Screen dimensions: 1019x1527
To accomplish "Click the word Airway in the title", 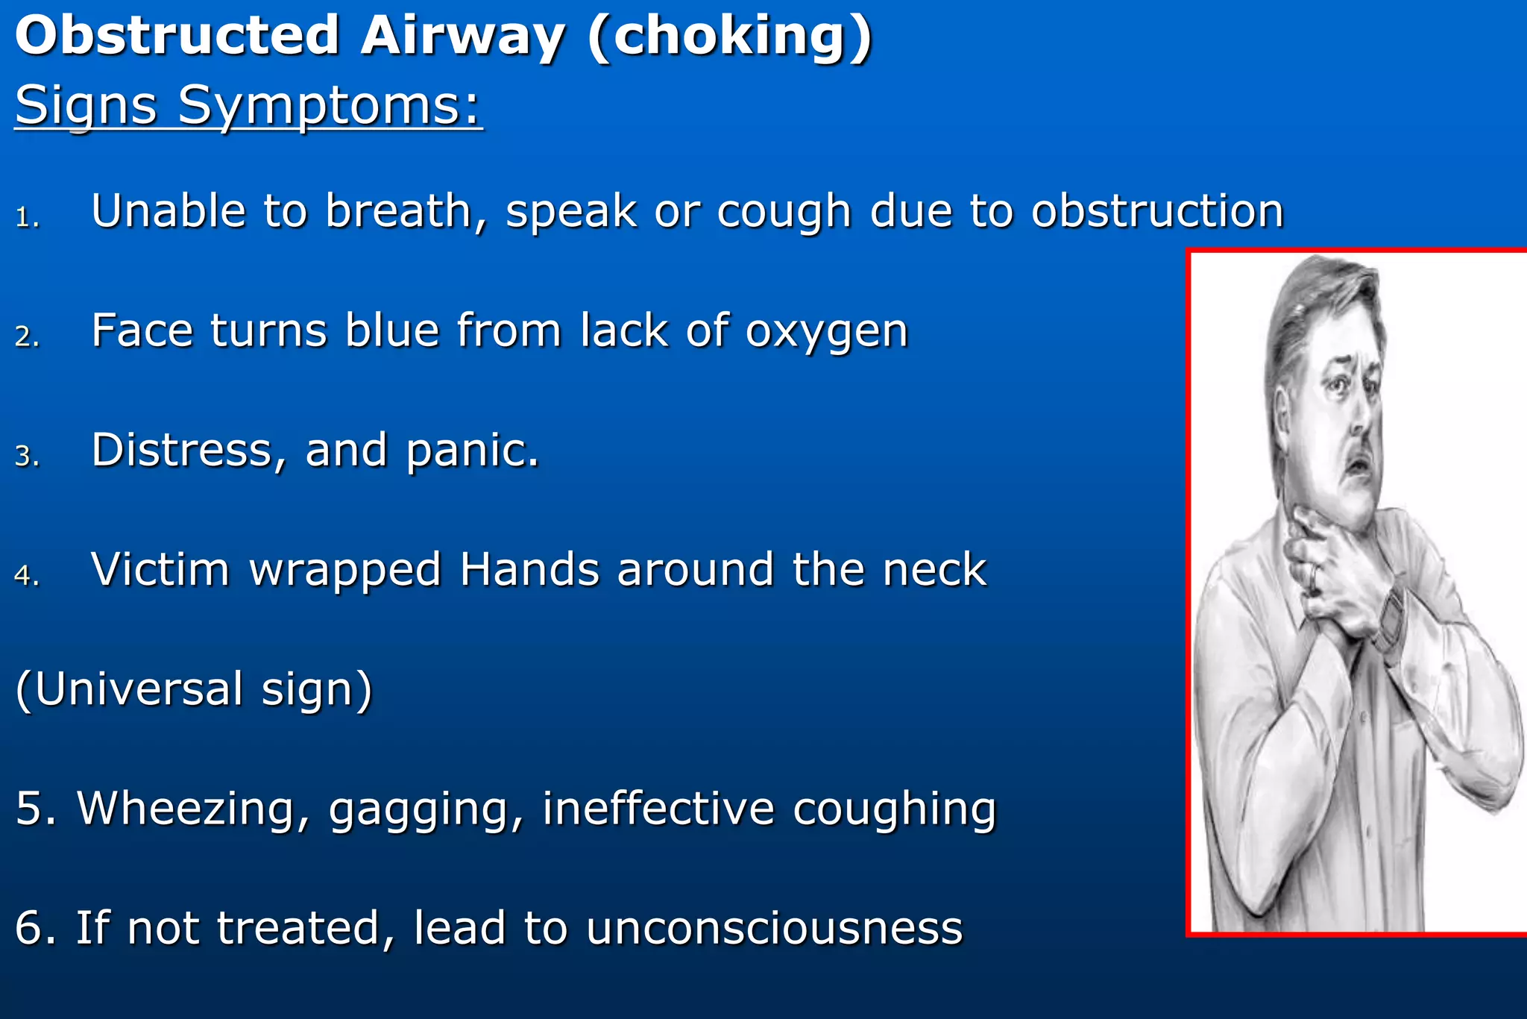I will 462,36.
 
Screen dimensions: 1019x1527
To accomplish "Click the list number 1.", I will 27,217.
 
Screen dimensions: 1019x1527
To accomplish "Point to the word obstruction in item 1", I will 1157,211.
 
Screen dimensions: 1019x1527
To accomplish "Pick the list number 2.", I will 27,336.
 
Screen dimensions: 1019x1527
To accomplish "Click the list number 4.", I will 27,575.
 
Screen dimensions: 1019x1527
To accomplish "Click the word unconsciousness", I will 774,929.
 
